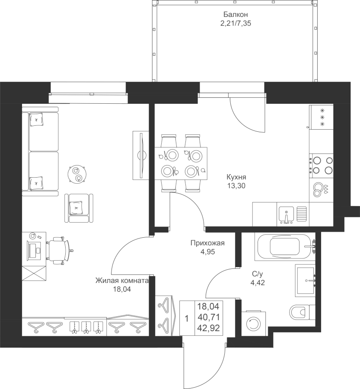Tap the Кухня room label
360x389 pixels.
pos(236,177)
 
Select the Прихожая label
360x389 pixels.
pos(207,243)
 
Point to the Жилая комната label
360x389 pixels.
pos(122,281)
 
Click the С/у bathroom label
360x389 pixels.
pos(257,274)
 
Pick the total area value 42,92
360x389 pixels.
pos(208,328)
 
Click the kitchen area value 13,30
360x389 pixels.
pos(236,185)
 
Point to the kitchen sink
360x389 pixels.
pos(286,214)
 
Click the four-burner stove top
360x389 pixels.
pos(321,166)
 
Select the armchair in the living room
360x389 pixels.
pos(79,208)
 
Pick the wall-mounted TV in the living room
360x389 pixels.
pos(141,155)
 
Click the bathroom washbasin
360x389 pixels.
pos(306,281)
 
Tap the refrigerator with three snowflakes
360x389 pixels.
pos(321,117)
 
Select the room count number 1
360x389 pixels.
pos(187,319)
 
